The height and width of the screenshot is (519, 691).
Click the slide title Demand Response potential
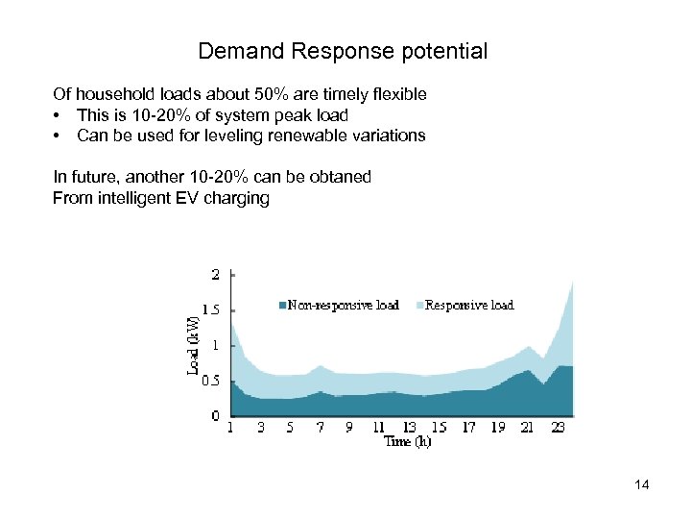click(x=343, y=51)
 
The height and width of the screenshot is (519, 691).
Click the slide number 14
click(x=642, y=485)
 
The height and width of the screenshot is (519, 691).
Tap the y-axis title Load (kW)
click(x=193, y=345)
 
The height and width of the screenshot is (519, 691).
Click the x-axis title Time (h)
click(x=408, y=442)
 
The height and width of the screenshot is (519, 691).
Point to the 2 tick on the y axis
click(x=216, y=274)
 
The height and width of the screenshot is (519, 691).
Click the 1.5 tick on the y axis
click(x=213, y=310)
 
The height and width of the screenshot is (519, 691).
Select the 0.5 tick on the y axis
click(x=213, y=381)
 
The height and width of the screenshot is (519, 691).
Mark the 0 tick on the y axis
click(x=216, y=415)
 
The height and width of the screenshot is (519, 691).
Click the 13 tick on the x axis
click(x=409, y=428)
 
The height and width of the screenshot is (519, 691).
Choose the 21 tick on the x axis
click(x=527, y=428)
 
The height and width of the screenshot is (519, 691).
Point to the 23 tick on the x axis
click(x=558, y=428)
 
